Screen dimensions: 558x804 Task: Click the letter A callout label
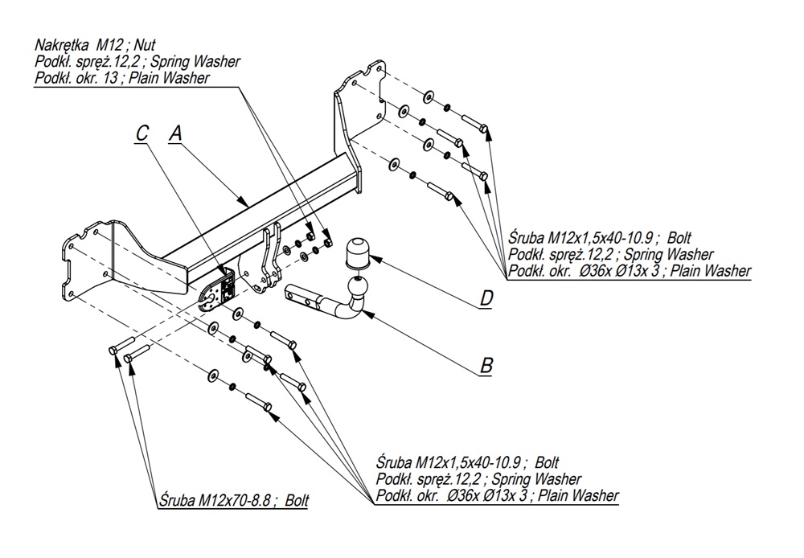click(x=175, y=134)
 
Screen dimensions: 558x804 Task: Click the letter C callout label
click(x=142, y=134)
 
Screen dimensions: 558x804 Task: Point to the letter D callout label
click(x=486, y=298)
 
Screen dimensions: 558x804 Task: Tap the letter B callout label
click(x=486, y=366)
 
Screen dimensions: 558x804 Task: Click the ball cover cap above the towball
click(x=356, y=255)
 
